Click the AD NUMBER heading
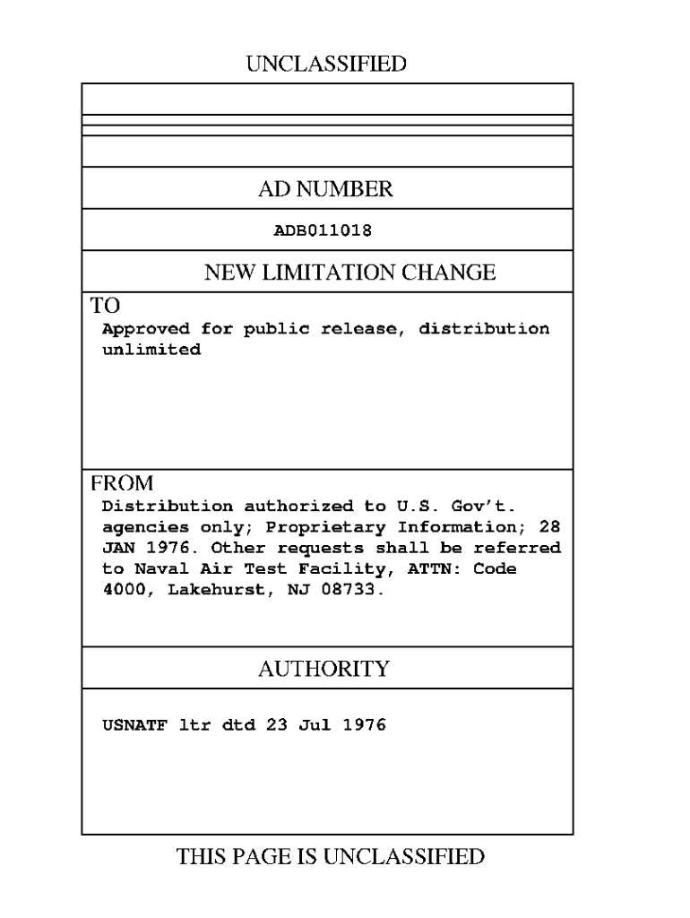point(325,189)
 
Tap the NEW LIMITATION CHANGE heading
point(349,273)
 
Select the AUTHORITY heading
point(323,669)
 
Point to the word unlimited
point(151,350)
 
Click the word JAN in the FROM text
point(117,548)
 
